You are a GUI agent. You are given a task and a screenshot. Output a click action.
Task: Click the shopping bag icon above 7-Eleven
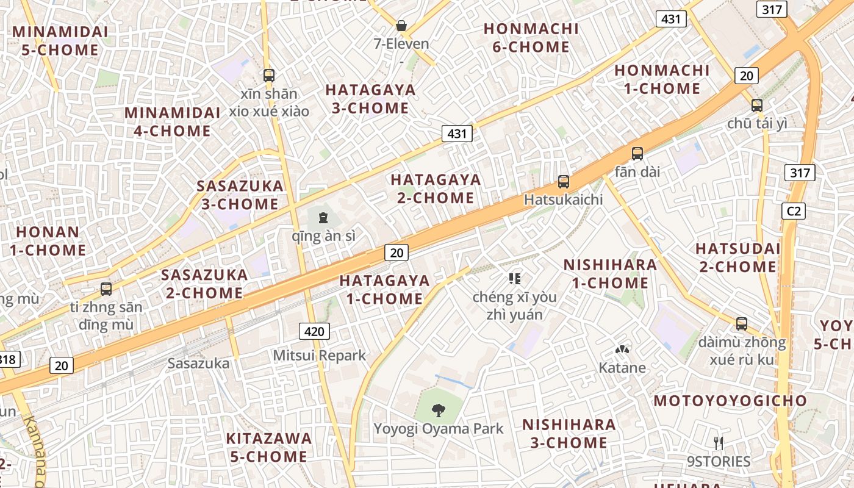pyautogui.click(x=401, y=26)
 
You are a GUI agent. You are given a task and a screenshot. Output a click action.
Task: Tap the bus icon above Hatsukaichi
pyautogui.click(x=564, y=181)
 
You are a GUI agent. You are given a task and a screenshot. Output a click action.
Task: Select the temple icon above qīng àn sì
pyautogui.click(x=323, y=217)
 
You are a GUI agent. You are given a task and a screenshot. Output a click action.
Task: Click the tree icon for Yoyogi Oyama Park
pyautogui.click(x=438, y=410)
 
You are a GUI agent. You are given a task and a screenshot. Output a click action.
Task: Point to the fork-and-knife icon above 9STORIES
pyautogui.click(x=719, y=443)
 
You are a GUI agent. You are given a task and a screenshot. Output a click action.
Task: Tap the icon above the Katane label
pyautogui.click(x=622, y=350)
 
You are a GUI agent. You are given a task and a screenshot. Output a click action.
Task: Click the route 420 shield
pyautogui.click(x=314, y=331)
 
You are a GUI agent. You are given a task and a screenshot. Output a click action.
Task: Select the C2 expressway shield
pyautogui.click(x=794, y=211)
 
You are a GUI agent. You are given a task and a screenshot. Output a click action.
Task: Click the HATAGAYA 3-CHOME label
pyautogui.click(x=370, y=99)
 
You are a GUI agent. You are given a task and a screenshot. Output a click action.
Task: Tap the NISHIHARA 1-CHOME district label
pyautogui.click(x=609, y=274)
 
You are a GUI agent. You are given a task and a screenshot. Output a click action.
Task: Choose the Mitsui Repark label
pyautogui.click(x=320, y=355)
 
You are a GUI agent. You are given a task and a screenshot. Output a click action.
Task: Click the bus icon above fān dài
pyautogui.click(x=637, y=154)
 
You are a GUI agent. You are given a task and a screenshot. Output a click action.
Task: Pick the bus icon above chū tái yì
pyautogui.click(x=757, y=105)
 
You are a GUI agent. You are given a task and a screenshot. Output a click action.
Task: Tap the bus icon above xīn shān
pyautogui.click(x=269, y=76)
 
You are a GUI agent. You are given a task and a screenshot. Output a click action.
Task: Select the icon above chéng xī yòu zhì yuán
pyautogui.click(x=514, y=279)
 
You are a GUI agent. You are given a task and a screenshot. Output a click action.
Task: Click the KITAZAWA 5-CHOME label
pyautogui.click(x=269, y=447)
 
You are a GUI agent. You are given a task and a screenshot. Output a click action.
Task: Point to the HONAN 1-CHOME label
pyautogui.click(x=48, y=241)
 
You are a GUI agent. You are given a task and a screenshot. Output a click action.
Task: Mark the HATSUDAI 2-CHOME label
pyautogui.click(x=737, y=257)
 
